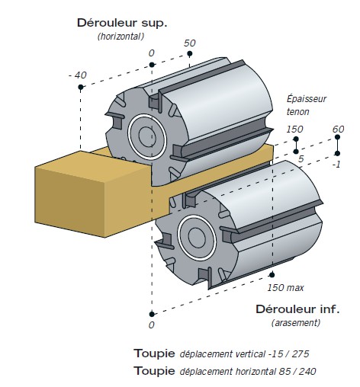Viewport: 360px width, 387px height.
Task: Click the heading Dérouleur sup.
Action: (122, 23)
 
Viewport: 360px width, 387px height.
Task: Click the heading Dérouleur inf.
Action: (297, 309)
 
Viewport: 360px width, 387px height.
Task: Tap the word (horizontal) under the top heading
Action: (121, 37)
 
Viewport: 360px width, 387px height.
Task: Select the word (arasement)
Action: (296, 323)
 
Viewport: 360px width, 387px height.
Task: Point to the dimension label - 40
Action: (78, 75)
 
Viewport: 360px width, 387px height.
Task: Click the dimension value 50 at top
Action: (190, 43)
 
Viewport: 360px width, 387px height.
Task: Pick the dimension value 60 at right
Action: (338, 130)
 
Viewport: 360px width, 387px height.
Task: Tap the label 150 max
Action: (285, 288)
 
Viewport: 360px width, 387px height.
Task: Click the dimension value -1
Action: (336, 165)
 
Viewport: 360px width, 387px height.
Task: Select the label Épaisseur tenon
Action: (307, 105)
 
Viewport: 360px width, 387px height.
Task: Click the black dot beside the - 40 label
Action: (81, 88)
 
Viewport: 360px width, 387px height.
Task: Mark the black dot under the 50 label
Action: (189, 53)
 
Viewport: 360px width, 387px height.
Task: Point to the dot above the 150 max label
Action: (272, 275)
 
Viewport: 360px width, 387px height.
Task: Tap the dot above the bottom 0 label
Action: (152, 315)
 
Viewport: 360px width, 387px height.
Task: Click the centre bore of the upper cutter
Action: (147, 136)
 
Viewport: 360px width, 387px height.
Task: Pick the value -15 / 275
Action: (288, 353)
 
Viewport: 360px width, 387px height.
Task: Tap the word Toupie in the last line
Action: (154, 371)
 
